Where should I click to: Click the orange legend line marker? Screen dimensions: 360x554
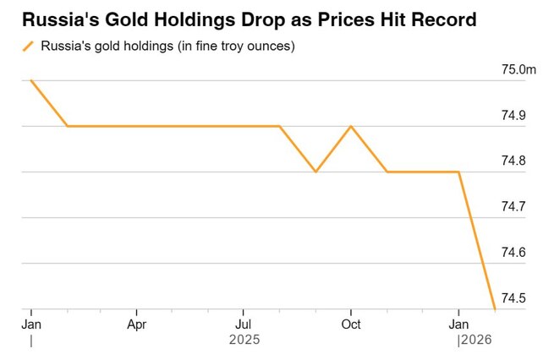click(29, 46)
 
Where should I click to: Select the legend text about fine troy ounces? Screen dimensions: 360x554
click(167, 46)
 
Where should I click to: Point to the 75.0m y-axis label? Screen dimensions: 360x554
click(518, 69)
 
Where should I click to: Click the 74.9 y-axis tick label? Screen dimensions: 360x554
click(513, 115)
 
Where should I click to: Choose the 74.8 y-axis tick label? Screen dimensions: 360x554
click(513, 161)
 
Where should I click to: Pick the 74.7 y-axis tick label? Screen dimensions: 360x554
click(513, 206)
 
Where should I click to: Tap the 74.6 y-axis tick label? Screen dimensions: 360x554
click(513, 253)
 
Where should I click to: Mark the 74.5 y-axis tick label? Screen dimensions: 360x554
click(513, 298)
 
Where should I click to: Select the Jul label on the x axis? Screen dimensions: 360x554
click(244, 324)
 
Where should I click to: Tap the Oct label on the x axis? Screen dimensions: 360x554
click(350, 324)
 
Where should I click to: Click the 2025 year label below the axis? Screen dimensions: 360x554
click(244, 340)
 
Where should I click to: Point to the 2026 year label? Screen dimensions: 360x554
click(475, 340)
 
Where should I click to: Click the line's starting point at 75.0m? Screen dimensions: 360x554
click(31, 80)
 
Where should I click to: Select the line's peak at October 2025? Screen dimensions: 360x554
click(351, 126)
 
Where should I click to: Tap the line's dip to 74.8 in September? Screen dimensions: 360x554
click(315, 172)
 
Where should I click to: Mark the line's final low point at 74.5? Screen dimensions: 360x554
click(494, 309)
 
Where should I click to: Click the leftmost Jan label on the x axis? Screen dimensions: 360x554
click(31, 324)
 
